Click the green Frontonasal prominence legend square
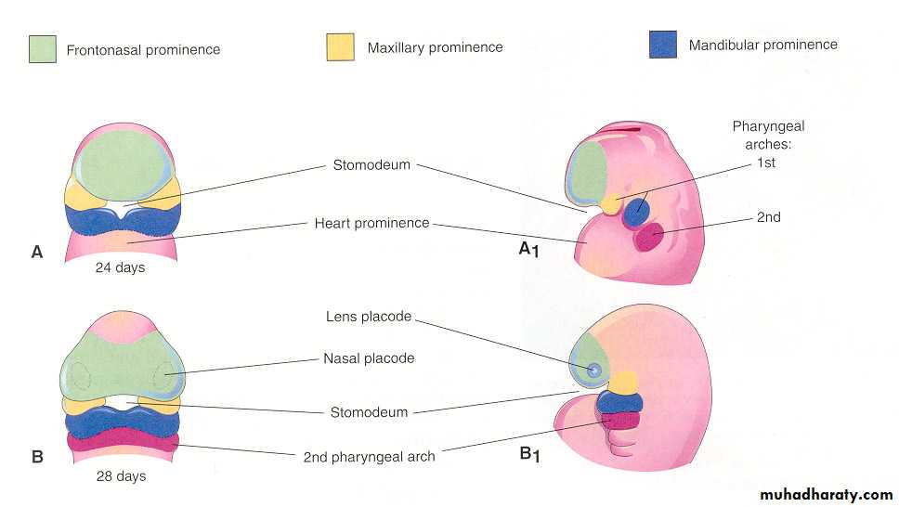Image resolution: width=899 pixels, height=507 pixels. click(44, 49)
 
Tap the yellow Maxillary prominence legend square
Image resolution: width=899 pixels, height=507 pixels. click(340, 47)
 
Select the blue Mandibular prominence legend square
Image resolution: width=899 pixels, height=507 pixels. click(663, 45)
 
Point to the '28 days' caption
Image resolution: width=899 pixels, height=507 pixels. click(122, 476)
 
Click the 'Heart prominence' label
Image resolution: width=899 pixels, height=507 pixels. click(371, 223)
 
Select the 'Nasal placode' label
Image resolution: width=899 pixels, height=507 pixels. click(369, 358)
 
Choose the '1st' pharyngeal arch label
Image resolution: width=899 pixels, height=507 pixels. click(767, 162)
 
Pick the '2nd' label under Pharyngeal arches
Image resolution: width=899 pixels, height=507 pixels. click(768, 217)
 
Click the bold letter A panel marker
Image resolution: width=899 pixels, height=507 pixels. click(37, 252)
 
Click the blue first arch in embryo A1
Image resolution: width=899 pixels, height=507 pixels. click(636, 210)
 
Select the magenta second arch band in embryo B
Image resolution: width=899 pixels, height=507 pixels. click(122, 440)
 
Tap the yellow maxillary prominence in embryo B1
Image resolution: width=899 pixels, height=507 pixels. click(621, 381)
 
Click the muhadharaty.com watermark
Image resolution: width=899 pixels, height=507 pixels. click(826, 494)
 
